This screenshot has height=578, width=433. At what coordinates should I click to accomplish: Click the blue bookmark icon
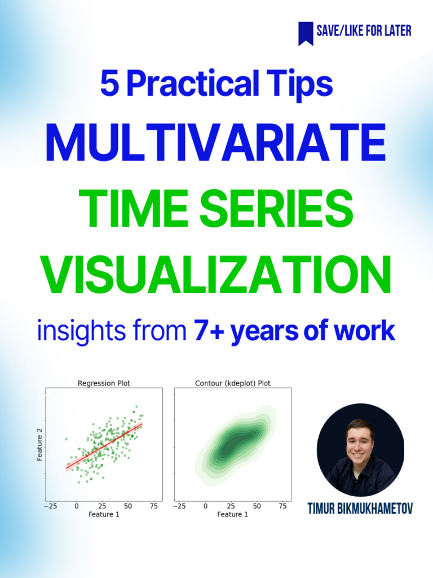[306, 33]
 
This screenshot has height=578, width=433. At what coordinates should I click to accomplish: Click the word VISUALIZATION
[215, 275]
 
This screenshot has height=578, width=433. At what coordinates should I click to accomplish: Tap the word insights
[70, 331]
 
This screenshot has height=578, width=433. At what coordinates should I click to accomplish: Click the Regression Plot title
[104, 383]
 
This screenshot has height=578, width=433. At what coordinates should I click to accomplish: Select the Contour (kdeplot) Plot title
[232, 383]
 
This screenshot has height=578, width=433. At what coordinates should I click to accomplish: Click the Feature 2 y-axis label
[40, 444]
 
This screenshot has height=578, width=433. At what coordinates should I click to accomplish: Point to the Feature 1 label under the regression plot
[104, 515]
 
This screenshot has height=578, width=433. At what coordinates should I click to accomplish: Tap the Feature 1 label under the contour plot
[232, 515]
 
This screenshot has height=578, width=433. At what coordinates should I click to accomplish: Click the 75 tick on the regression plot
[153, 507]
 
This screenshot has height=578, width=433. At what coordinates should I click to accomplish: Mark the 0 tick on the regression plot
[76, 507]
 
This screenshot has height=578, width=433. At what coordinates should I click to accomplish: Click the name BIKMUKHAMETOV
[376, 509]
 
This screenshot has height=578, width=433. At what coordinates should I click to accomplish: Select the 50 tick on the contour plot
[257, 507]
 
